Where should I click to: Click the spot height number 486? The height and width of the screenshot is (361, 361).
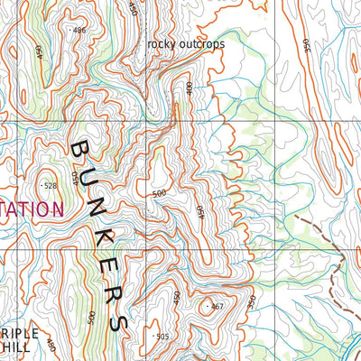pos(79,31)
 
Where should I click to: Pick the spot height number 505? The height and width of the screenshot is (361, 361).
pos(162,337)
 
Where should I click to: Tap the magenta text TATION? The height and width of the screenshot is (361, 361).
pos(32,209)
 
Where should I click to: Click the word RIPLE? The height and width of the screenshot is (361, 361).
pos(19,332)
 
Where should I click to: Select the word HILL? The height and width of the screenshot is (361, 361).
pos(15,346)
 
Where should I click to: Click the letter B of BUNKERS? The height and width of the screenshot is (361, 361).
pos(80,149)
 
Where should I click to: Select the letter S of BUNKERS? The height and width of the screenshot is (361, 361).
pos(116,321)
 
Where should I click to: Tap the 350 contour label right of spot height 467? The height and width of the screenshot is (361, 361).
pos(252,300)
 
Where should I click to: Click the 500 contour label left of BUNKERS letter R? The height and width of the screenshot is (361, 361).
pos(91,319)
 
